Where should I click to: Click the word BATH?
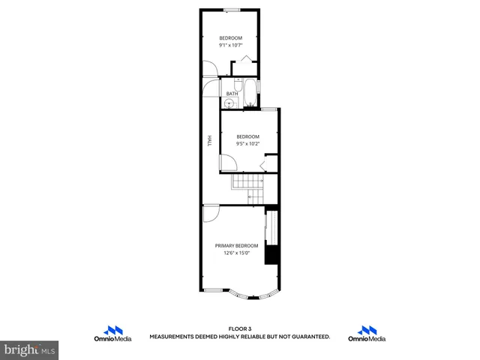click(x=232, y=94)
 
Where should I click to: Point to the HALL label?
click(x=209, y=141)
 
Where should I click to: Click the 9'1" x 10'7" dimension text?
click(x=231, y=45)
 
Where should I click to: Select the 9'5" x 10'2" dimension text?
click(x=248, y=143)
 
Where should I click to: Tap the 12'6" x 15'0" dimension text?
click(x=236, y=253)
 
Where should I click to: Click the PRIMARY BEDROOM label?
click(x=236, y=246)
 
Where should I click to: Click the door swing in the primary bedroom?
click(x=211, y=214)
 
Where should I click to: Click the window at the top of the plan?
click(x=231, y=10)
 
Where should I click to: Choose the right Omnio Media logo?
click(x=367, y=334)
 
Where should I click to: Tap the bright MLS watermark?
click(x=30, y=349)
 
